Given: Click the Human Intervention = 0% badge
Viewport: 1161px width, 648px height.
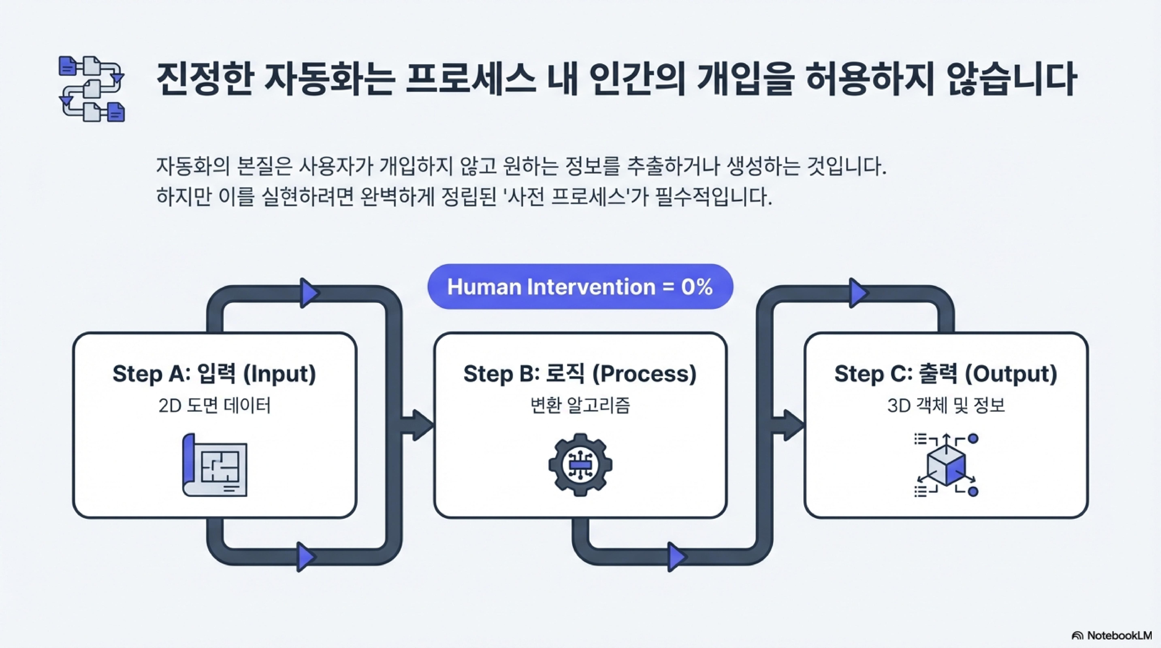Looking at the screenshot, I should click(x=580, y=287).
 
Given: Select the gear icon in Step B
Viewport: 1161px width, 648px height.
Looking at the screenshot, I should click(x=580, y=465).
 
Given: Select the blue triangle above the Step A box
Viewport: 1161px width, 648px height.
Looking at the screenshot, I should click(x=309, y=293).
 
